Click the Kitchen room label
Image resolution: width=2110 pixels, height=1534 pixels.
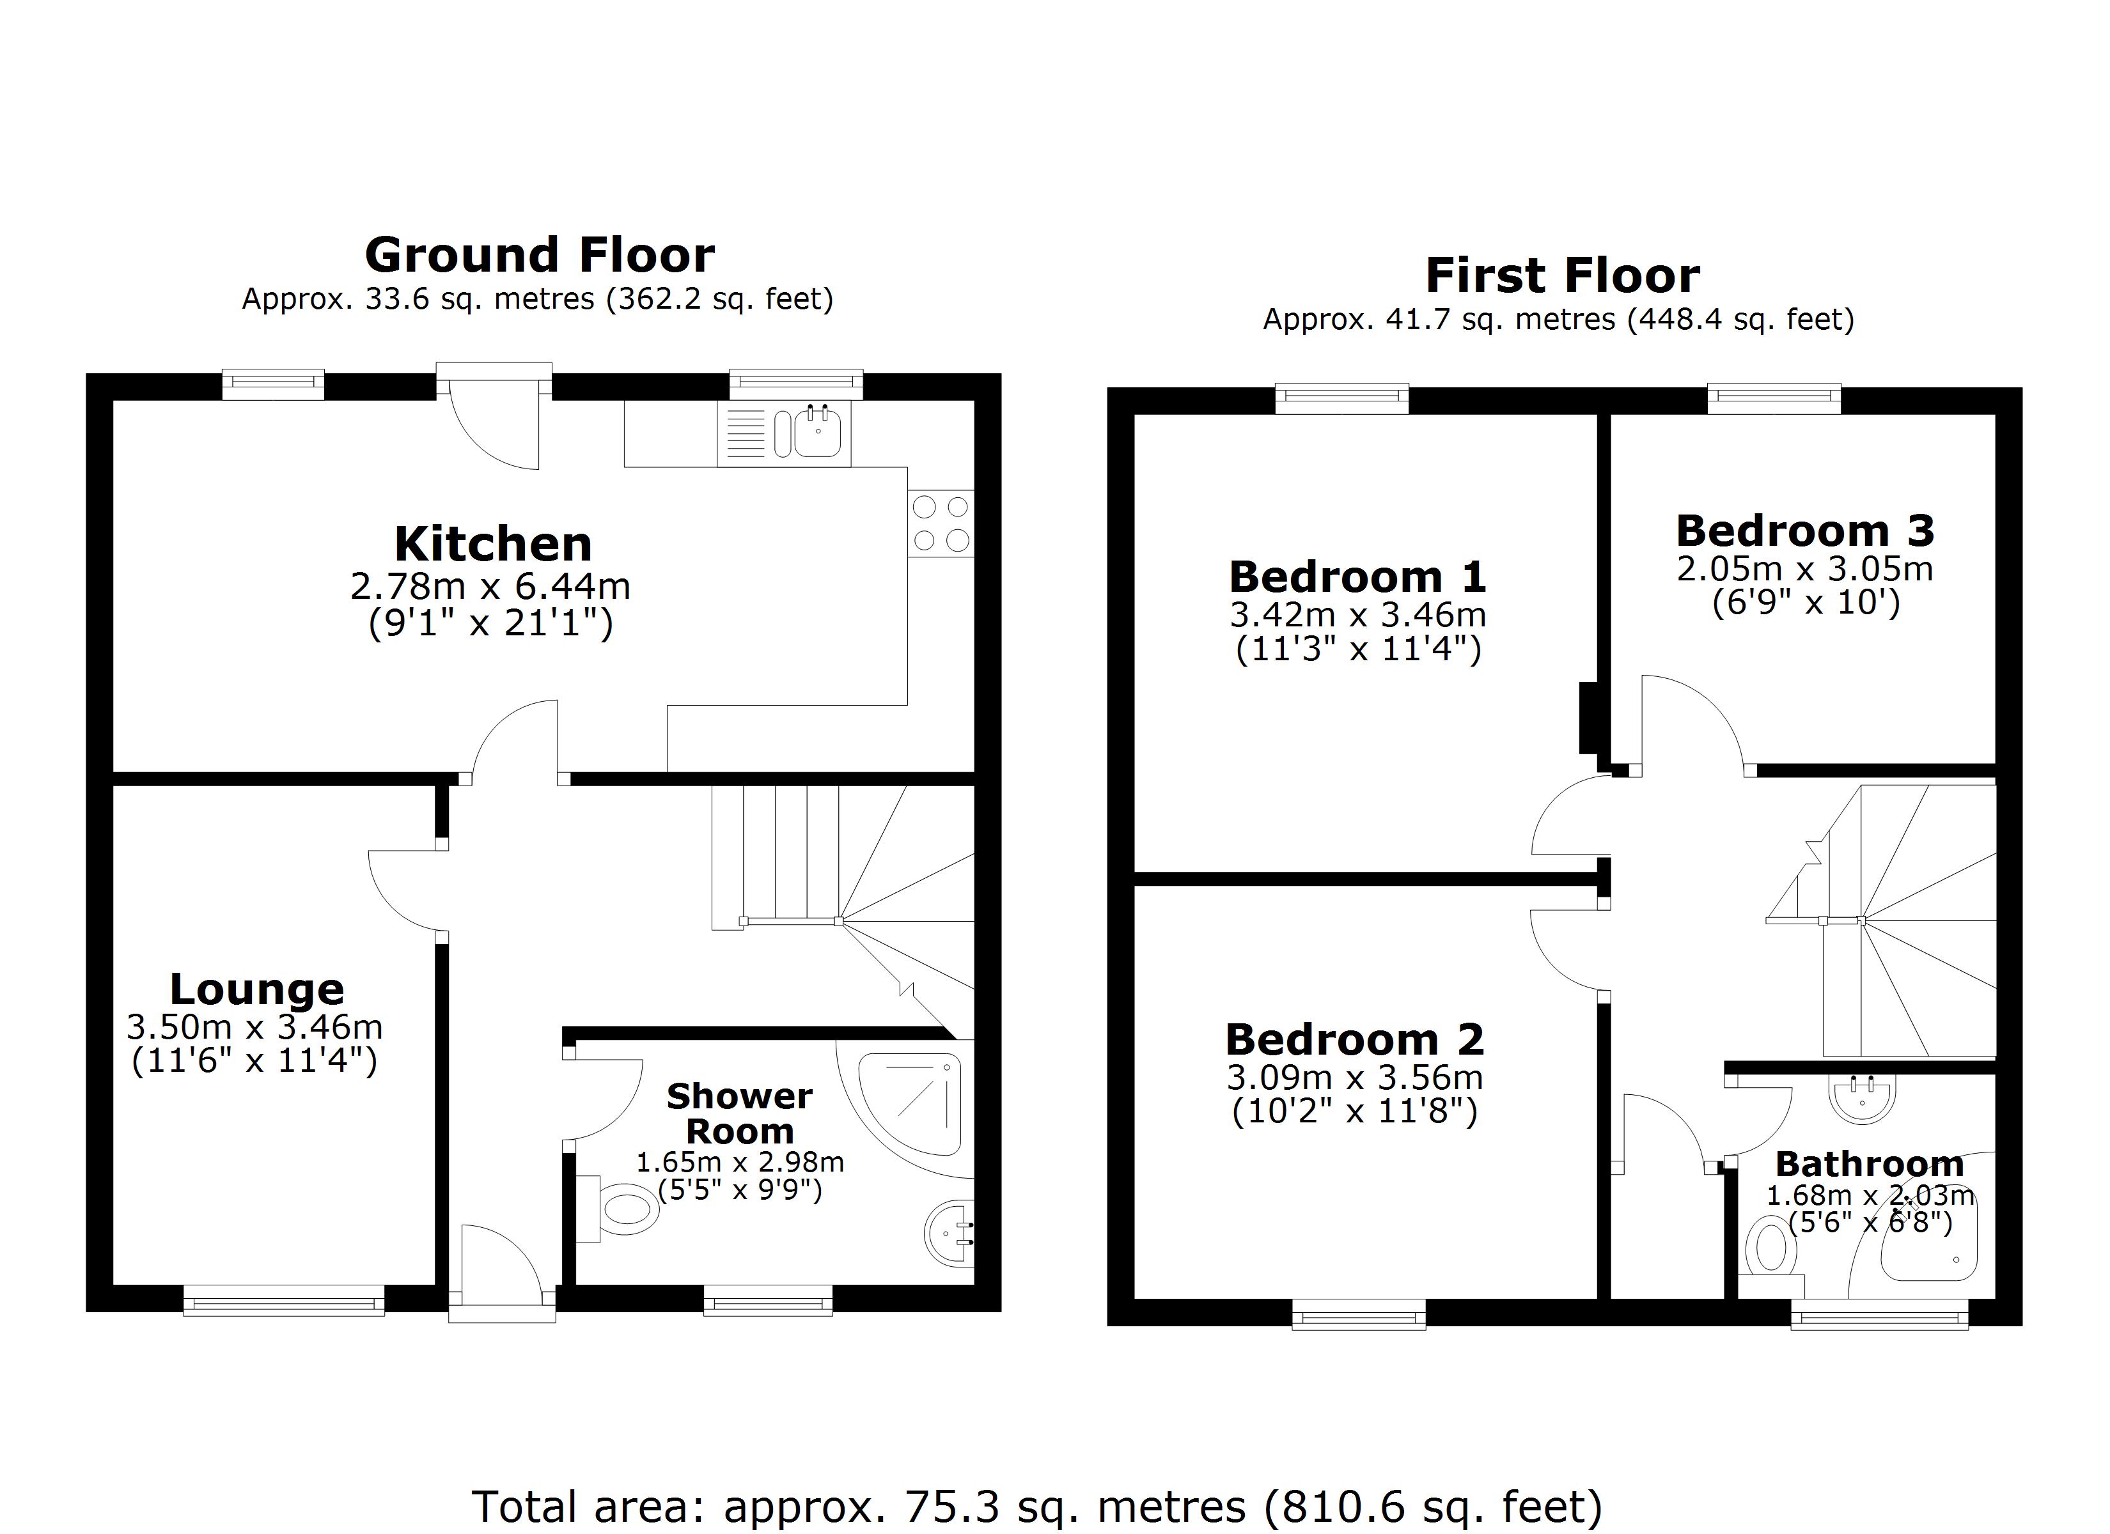click(x=493, y=544)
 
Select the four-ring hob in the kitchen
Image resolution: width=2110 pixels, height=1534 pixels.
click(x=941, y=523)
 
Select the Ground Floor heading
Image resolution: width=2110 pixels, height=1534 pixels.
click(x=540, y=255)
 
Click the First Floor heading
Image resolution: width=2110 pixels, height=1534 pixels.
click(x=1562, y=275)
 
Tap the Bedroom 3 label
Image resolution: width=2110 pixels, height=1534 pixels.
click(x=1805, y=531)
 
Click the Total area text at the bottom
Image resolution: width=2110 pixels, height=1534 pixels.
click(x=1037, y=1506)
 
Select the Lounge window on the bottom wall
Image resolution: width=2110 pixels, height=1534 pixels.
click(x=284, y=1299)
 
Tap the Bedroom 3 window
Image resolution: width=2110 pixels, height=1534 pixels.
click(x=1774, y=399)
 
